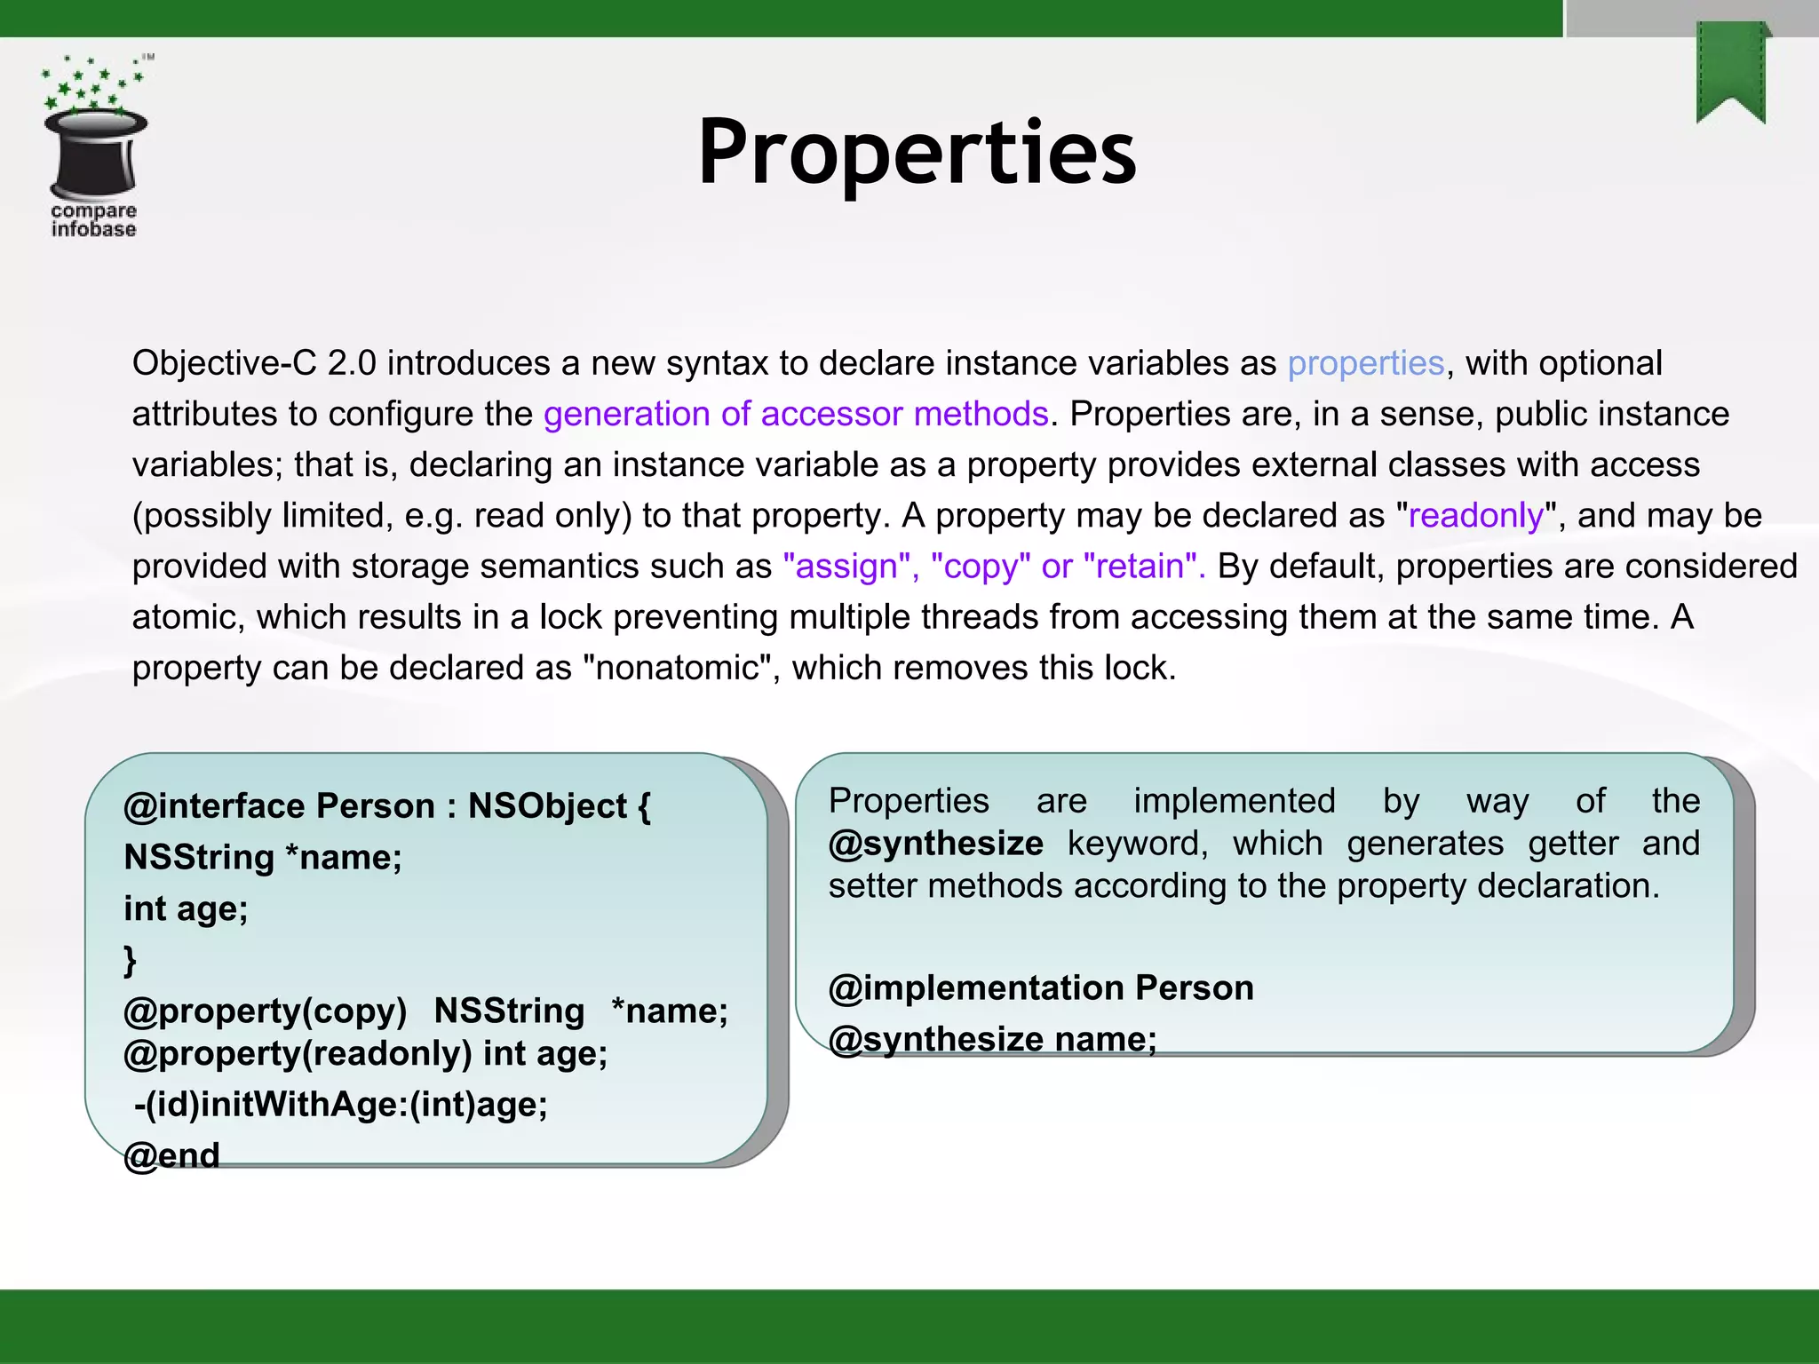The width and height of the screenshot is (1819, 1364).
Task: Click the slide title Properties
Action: pos(917,153)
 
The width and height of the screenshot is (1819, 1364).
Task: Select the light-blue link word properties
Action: pos(1366,363)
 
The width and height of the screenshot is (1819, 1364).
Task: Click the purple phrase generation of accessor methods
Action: pos(796,414)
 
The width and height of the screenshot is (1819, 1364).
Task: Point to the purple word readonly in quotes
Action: pos(1476,515)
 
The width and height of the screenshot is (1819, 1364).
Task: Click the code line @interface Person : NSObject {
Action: pos(387,806)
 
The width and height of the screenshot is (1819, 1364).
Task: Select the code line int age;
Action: pos(186,908)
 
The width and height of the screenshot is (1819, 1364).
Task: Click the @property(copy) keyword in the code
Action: pos(265,1011)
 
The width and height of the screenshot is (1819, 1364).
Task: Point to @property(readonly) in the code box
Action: pos(298,1053)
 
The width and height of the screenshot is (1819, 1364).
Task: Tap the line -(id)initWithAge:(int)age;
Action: pos(341,1104)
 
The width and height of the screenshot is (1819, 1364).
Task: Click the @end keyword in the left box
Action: pos(172,1155)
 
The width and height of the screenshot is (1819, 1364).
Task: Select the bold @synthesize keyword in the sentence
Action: pos(935,843)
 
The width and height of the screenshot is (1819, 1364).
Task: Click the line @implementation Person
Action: pos(1040,987)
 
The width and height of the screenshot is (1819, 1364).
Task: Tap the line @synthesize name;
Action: pos(992,1039)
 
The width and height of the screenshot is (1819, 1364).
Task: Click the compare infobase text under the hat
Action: pos(93,220)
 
